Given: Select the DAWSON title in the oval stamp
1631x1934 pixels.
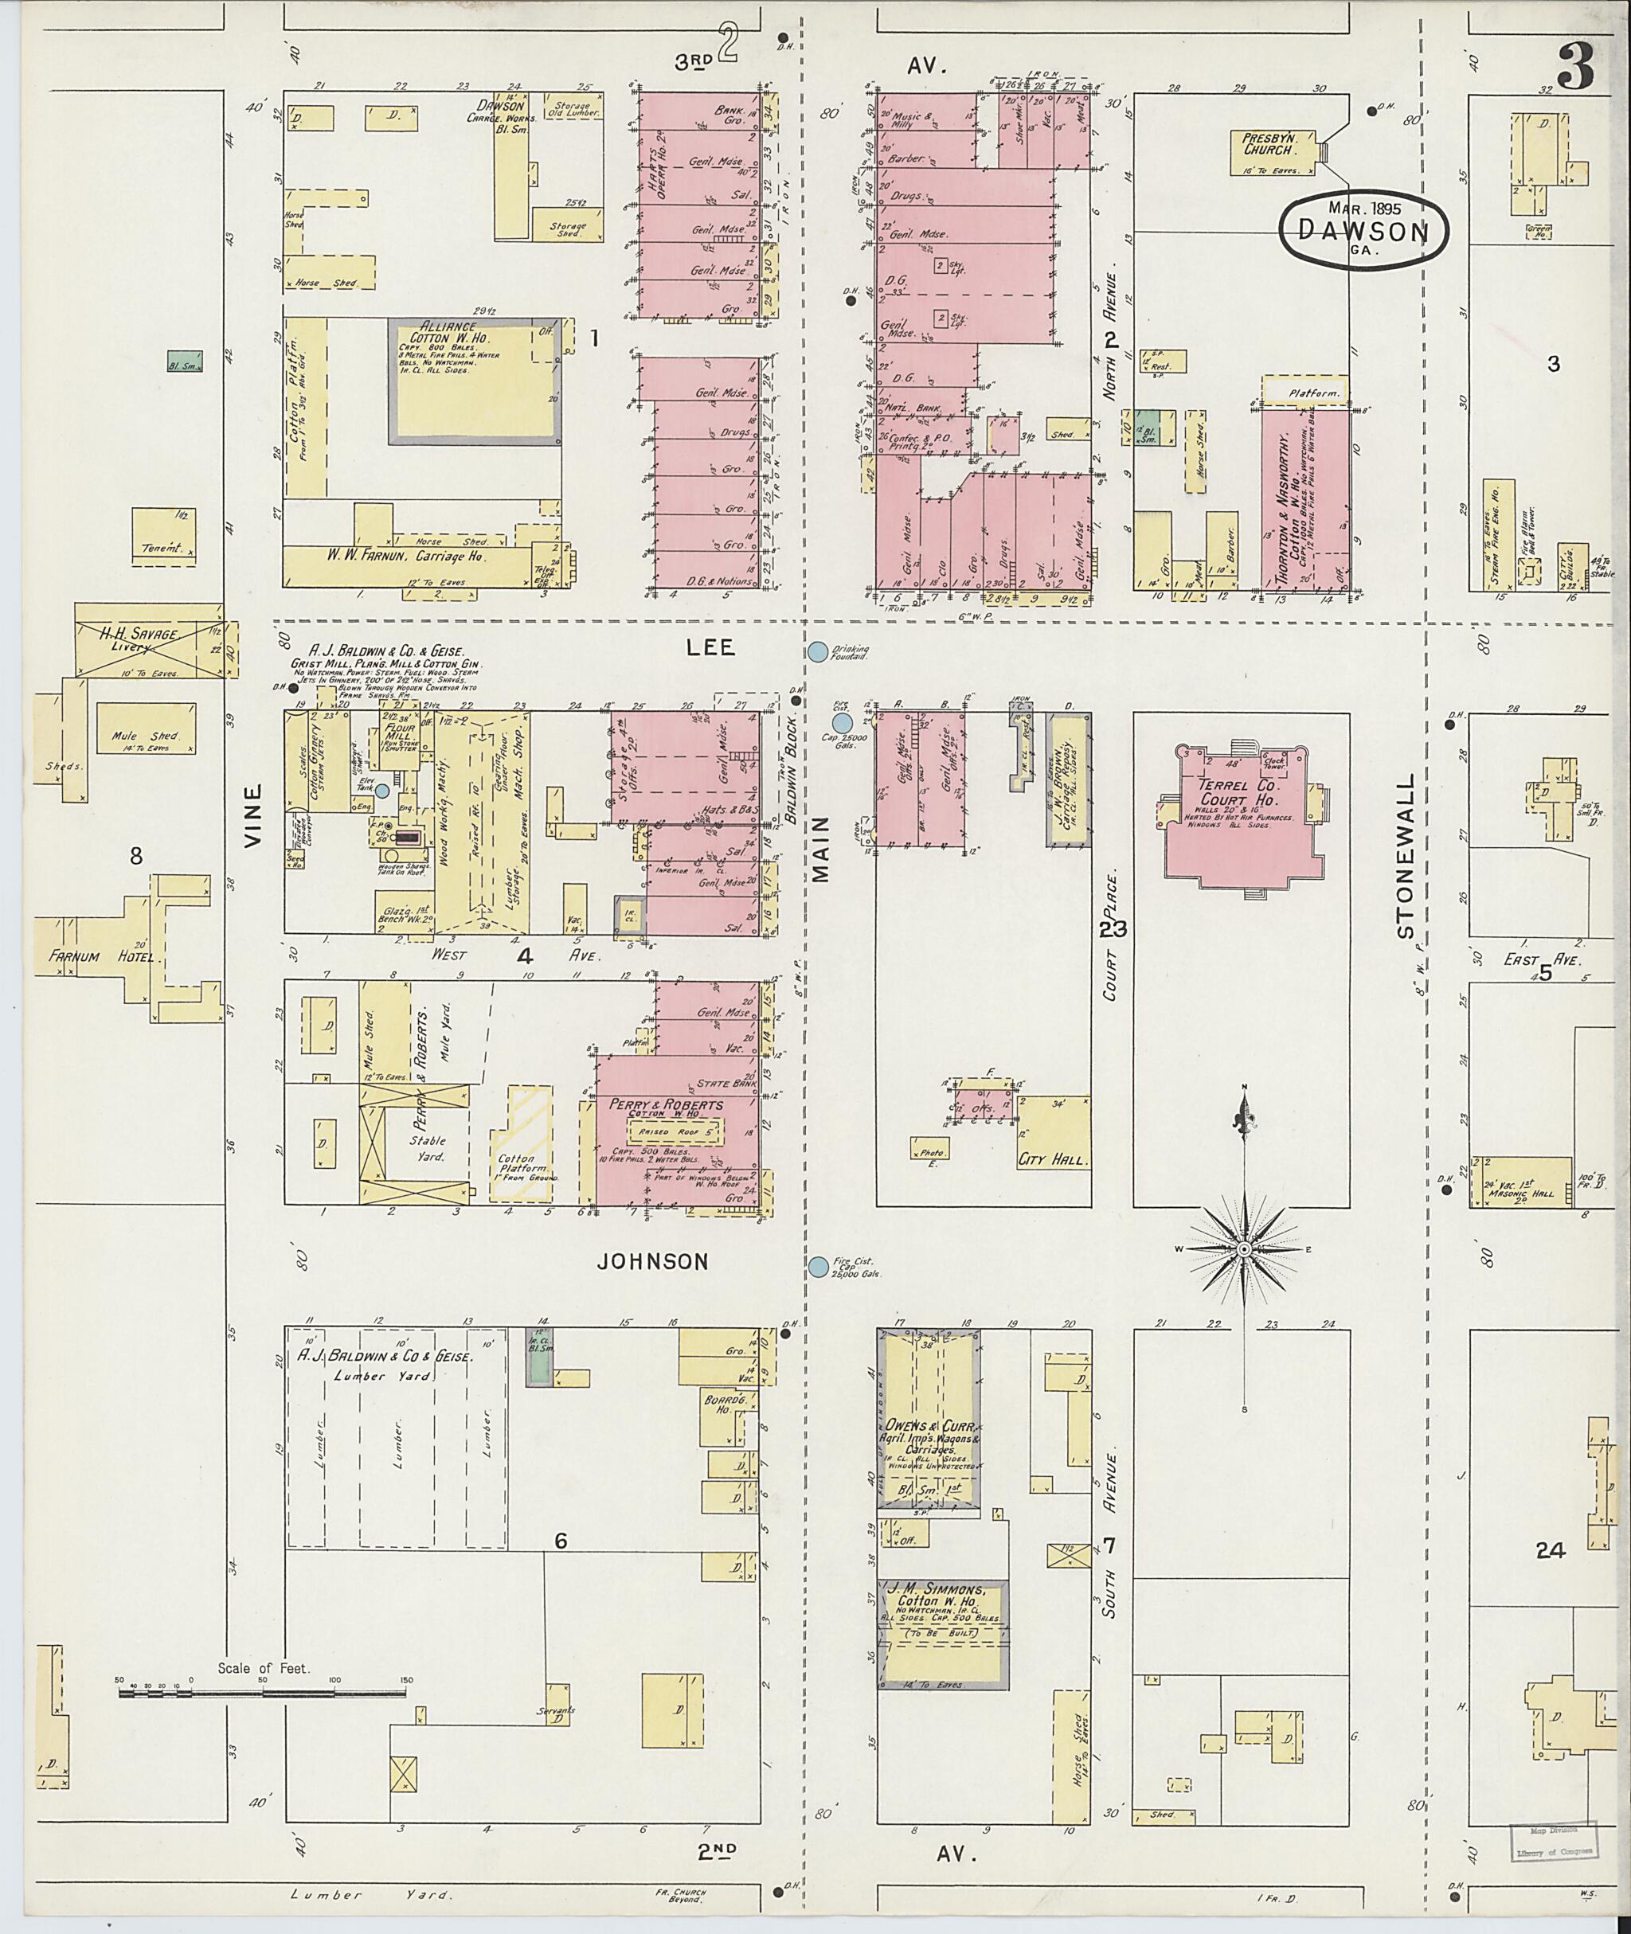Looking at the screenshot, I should coord(1363,232).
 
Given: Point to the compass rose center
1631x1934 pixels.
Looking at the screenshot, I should coord(1245,1250).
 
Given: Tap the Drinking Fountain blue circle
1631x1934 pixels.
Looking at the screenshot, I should coord(817,652).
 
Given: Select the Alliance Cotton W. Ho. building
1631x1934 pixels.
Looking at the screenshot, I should coord(475,380).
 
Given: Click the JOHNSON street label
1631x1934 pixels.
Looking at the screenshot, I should coord(653,1261).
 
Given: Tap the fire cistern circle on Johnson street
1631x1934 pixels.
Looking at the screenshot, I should coord(818,1267).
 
